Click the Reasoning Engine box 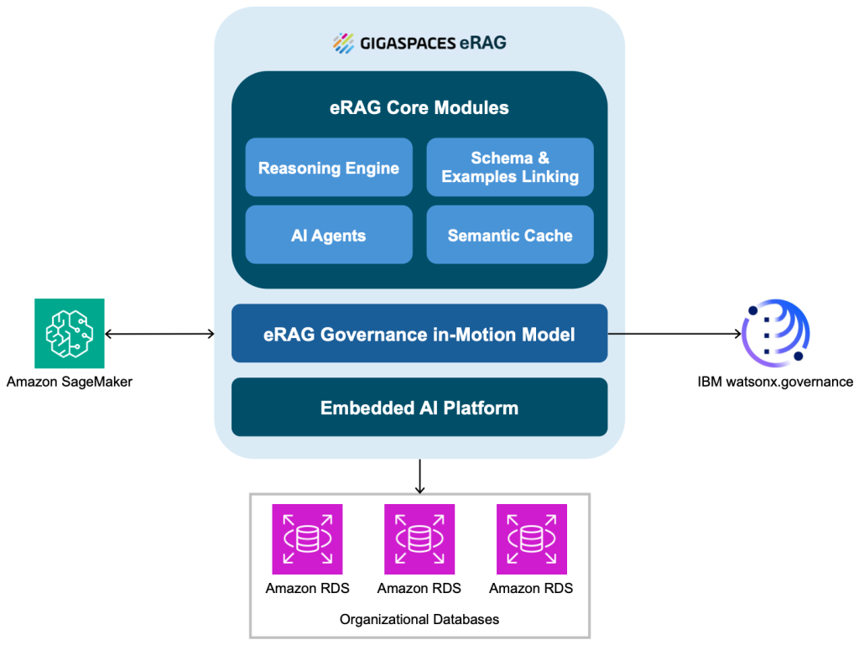(328, 168)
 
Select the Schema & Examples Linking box (510, 168)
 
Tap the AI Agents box (328, 235)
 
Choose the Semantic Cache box (510, 235)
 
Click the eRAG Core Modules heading (419, 107)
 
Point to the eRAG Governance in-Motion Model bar (419, 334)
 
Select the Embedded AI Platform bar (419, 408)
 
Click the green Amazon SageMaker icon (69, 333)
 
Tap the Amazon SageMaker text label (70, 382)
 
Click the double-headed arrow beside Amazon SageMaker (159, 334)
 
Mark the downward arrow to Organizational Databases (419, 476)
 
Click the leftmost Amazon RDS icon (307, 538)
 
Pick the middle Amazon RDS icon (419, 538)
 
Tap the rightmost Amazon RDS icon (531, 538)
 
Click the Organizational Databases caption (419, 619)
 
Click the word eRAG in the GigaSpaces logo (482, 43)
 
